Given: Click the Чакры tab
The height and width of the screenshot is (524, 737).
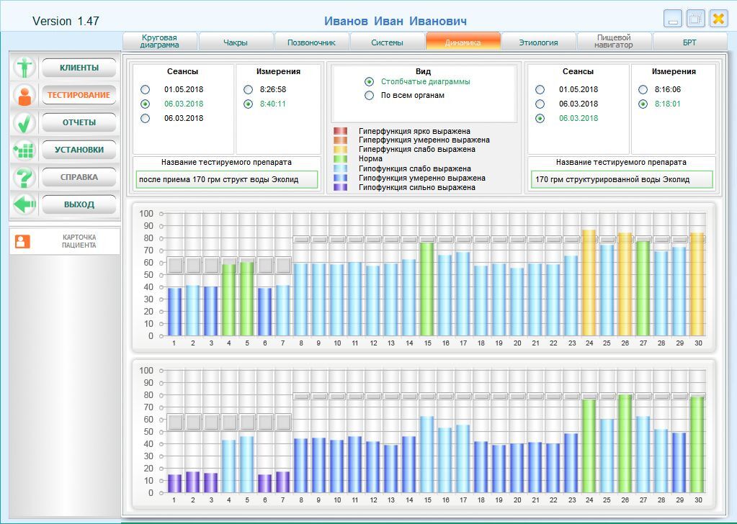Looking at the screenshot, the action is click(x=236, y=41).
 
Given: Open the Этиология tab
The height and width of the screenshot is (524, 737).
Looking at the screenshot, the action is click(x=538, y=41).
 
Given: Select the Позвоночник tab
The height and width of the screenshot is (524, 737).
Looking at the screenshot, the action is click(x=311, y=41).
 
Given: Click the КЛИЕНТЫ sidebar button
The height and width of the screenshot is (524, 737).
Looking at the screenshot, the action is click(x=79, y=68).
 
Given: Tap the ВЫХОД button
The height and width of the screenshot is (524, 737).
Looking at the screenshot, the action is click(x=79, y=204).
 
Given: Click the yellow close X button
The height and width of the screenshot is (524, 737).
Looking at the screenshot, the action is click(x=718, y=19).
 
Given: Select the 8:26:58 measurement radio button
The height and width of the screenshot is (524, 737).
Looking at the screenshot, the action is click(x=248, y=90).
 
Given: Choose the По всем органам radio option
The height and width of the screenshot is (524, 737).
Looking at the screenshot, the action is click(x=370, y=95).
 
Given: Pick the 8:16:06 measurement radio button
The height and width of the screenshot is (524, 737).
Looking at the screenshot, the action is click(x=643, y=90).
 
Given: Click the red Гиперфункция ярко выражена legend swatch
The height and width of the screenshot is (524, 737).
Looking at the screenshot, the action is click(x=340, y=131).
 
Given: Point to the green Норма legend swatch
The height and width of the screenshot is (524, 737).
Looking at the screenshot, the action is click(x=340, y=158).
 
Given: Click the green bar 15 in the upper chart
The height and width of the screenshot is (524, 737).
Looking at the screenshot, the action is click(x=426, y=289).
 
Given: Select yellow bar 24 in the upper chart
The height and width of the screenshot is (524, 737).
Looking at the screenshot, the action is click(x=589, y=283).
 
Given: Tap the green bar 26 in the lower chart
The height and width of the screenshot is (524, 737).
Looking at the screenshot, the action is click(x=625, y=443).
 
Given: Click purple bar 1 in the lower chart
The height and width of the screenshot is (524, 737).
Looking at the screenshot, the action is click(x=174, y=484).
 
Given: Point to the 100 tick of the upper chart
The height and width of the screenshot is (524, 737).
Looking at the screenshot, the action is click(x=146, y=214).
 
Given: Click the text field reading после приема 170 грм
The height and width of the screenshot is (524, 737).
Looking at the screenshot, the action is click(x=226, y=179).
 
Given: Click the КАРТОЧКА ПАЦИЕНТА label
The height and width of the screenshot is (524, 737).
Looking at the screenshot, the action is click(x=79, y=241).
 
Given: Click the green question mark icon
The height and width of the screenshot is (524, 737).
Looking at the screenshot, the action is click(x=24, y=178).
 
